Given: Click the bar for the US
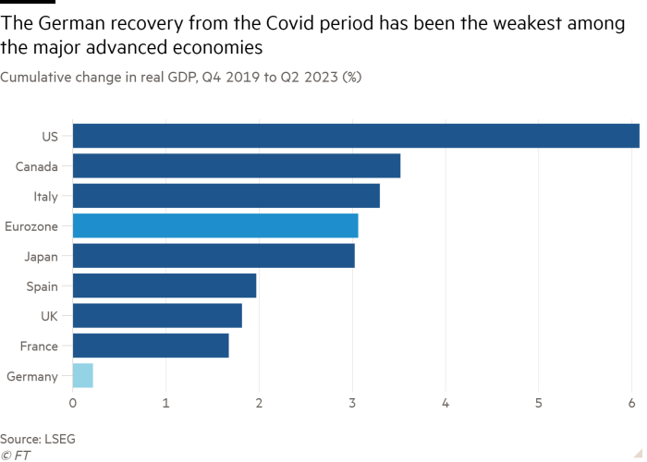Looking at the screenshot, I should pos(356,136).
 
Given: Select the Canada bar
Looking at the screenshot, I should pos(237,166).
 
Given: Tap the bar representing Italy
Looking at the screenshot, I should pos(226,196).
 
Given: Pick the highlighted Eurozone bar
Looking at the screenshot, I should pos(215,225).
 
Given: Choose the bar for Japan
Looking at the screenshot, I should pos(214,256).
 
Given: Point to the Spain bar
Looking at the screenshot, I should pos(165,286).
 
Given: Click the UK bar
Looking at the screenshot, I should pos(157,316).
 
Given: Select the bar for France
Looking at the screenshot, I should pos(151,346).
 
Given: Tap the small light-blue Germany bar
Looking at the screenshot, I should pos(83,376).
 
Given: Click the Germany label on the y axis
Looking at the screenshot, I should pos(32,376).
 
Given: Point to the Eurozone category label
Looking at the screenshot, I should pos(33,225).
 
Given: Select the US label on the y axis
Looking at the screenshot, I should pos(50,137).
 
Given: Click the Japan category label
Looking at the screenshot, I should pos(42,256).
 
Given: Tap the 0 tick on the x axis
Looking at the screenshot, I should pos(73,404).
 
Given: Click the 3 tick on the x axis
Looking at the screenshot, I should pos(352,404).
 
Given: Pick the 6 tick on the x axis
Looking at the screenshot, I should pos(632,404).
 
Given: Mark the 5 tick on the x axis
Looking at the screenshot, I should pos(539,404).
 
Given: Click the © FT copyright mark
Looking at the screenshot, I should pos(16,455).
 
